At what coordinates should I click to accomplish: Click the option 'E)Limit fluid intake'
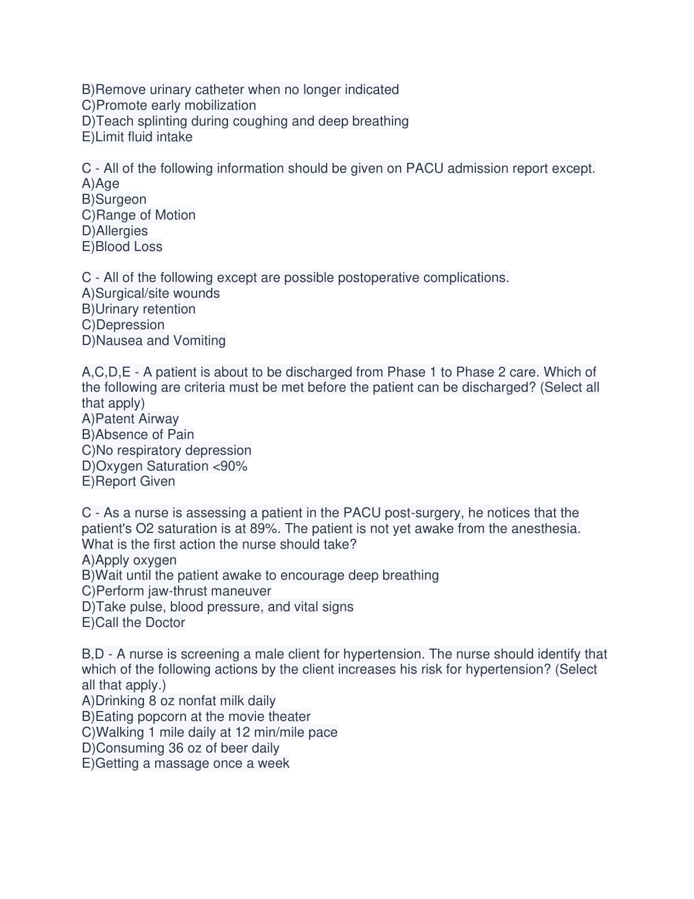point(137,137)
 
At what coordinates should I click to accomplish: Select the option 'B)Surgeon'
point(114,199)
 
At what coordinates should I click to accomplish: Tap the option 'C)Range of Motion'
point(139,215)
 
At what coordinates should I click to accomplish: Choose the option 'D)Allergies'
point(115,231)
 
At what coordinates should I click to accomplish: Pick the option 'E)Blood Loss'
point(122,246)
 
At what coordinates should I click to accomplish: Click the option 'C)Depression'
point(123,325)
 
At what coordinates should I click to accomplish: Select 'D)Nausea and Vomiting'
point(153,340)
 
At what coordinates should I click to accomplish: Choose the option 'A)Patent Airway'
point(130,419)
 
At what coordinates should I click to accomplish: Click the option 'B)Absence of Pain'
point(138,434)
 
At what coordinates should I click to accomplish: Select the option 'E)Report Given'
point(128,481)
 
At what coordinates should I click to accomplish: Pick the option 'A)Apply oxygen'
point(129,560)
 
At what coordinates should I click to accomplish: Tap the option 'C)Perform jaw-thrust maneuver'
point(177,591)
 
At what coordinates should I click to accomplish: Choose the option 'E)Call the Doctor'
point(134,622)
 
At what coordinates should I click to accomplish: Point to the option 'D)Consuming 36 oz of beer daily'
point(181,748)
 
